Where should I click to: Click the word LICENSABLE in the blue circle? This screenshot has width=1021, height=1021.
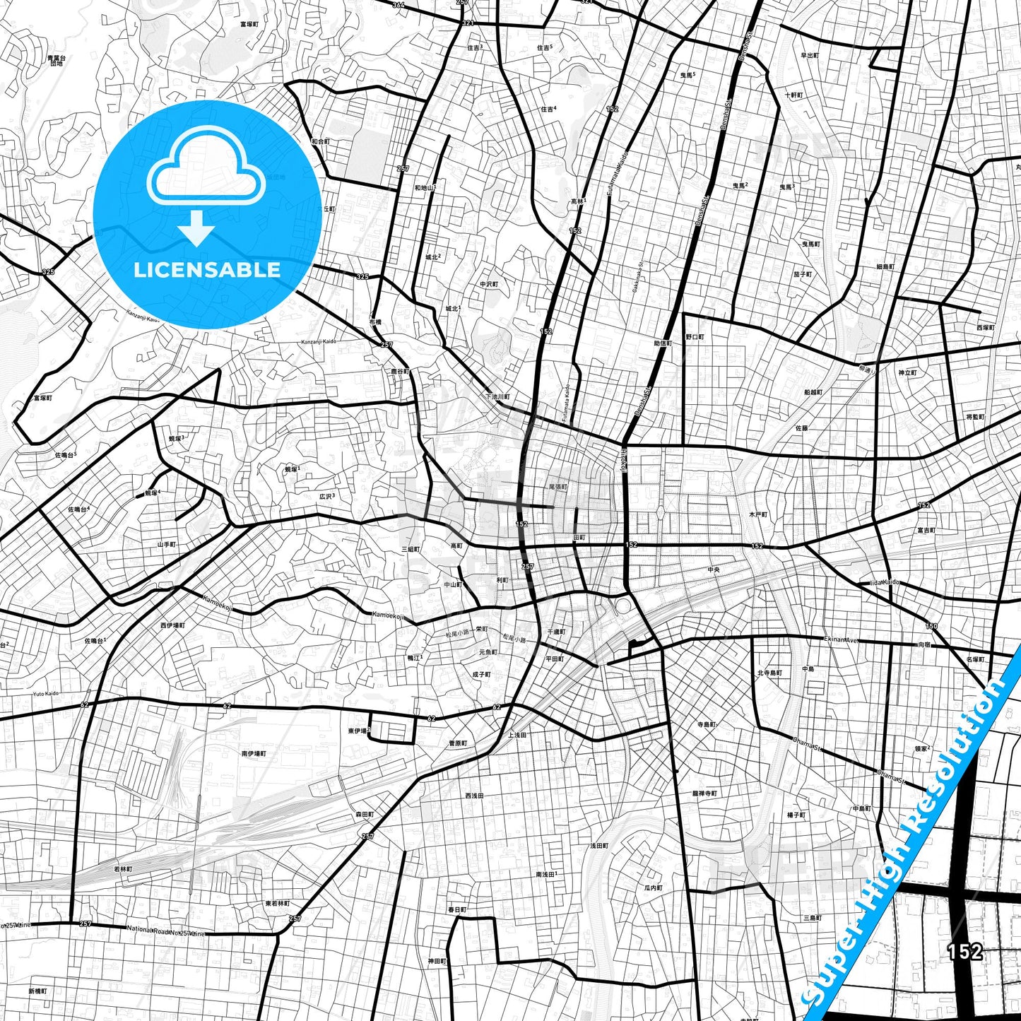(x=207, y=270)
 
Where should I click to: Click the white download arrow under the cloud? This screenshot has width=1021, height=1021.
(x=196, y=228)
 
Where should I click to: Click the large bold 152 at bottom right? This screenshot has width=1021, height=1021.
(x=965, y=952)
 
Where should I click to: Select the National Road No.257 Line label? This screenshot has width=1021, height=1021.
(x=166, y=931)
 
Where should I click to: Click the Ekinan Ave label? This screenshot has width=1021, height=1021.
(x=841, y=639)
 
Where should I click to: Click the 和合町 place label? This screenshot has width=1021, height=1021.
(x=320, y=142)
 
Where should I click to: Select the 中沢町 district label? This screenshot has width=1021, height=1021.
(x=489, y=284)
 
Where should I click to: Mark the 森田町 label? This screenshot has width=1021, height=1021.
(x=364, y=815)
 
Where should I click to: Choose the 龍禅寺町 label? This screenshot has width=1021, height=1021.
(x=704, y=793)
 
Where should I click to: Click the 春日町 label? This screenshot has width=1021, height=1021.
(x=456, y=909)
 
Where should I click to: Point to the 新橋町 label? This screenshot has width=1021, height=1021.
(x=37, y=991)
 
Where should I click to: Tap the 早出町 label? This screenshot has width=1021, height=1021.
(x=810, y=55)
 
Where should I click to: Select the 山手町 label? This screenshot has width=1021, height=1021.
(x=167, y=545)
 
